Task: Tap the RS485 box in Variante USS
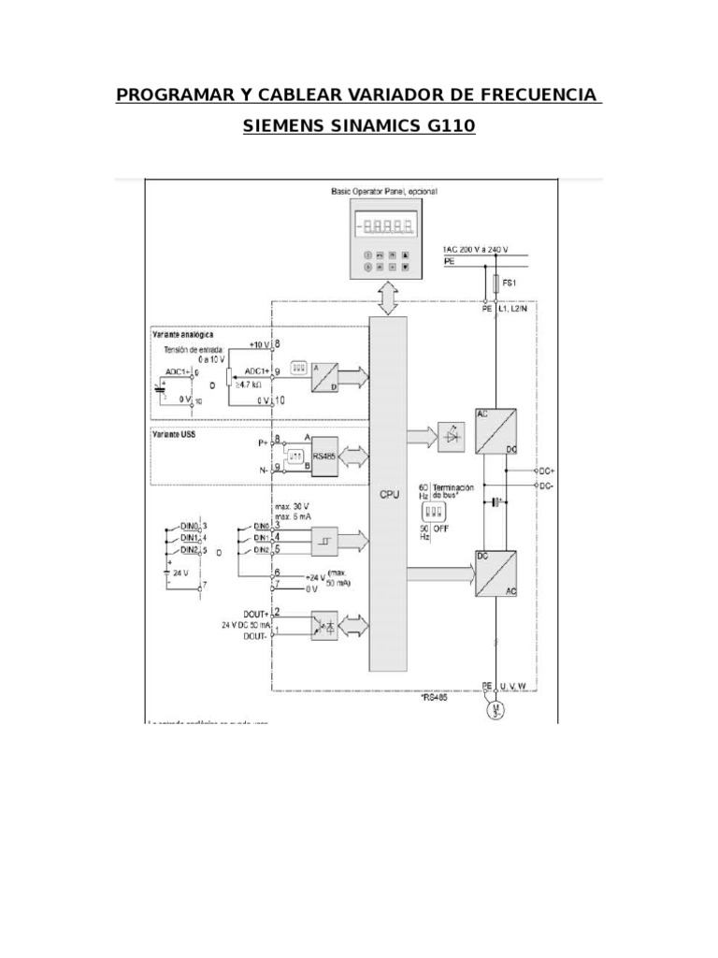point(324,456)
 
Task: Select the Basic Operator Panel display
point(386,225)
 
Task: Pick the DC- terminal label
point(547,487)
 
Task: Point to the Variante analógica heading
point(182,334)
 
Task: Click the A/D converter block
point(326,376)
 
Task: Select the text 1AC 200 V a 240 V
point(474,250)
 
